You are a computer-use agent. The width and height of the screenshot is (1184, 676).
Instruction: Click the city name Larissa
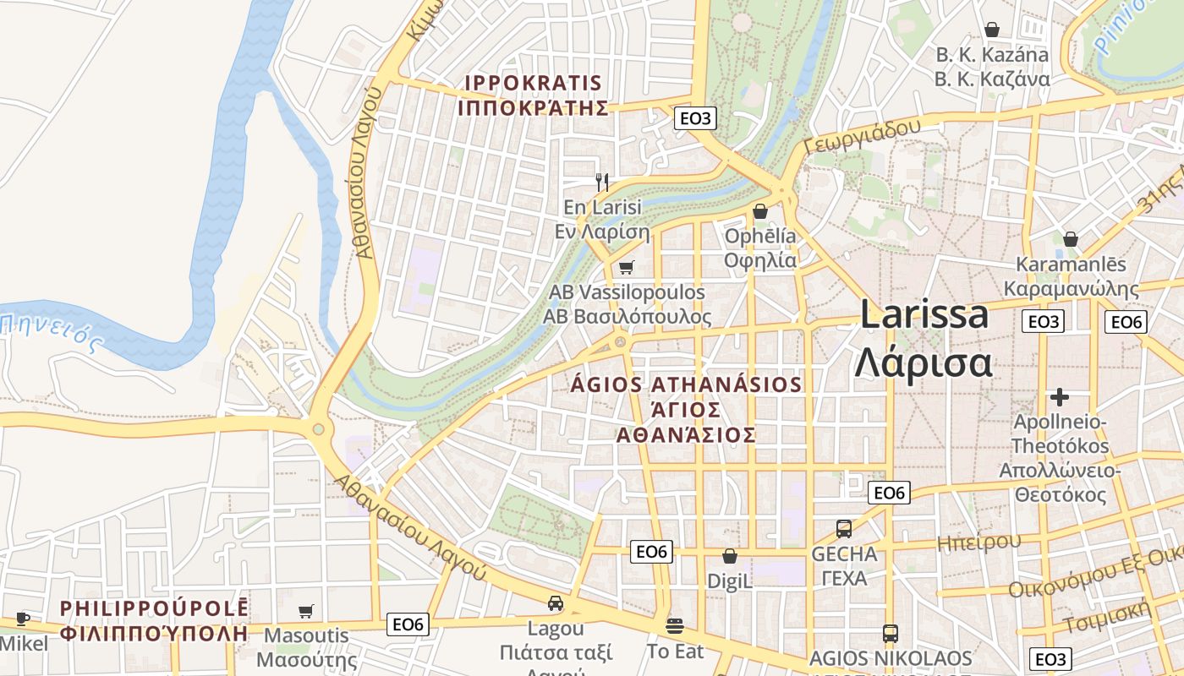click(x=924, y=314)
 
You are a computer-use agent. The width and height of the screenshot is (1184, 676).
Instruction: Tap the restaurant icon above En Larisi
click(x=602, y=182)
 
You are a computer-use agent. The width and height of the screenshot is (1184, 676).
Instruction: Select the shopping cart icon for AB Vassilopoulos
click(x=626, y=268)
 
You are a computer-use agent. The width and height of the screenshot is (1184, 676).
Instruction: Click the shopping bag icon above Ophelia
click(x=760, y=211)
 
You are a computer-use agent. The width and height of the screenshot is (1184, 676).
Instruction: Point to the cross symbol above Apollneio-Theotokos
click(x=1059, y=396)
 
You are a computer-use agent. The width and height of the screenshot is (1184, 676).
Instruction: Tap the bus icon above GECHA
click(x=844, y=529)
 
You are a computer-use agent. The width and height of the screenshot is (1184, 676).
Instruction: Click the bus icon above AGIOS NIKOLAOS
click(x=890, y=633)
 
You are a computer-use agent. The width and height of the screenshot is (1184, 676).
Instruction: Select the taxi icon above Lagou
click(x=556, y=603)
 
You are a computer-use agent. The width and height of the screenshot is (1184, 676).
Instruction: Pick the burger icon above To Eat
click(x=674, y=626)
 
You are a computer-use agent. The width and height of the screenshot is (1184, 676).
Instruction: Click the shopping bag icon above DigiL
click(x=729, y=556)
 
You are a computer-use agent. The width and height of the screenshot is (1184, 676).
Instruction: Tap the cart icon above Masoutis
click(x=306, y=611)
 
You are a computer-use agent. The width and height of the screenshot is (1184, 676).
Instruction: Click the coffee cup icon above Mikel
click(x=23, y=619)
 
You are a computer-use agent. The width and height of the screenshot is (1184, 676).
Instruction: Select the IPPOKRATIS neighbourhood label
click(x=534, y=95)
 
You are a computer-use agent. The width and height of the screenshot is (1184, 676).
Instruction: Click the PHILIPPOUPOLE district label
click(x=155, y=619)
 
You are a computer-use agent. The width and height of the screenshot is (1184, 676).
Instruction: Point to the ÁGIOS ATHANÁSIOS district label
click(x=686, y=409)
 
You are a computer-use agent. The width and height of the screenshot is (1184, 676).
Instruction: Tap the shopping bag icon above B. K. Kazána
click(x=992, y=30)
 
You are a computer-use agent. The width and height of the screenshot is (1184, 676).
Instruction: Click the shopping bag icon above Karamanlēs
click(x=1071, y=239)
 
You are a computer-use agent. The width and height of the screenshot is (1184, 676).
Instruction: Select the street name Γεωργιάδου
click(x=863, y=135)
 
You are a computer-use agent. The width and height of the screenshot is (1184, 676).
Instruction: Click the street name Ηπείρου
click(x=978, y=542)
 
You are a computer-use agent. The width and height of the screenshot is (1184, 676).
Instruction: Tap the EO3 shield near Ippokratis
click(x=695, y=118)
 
